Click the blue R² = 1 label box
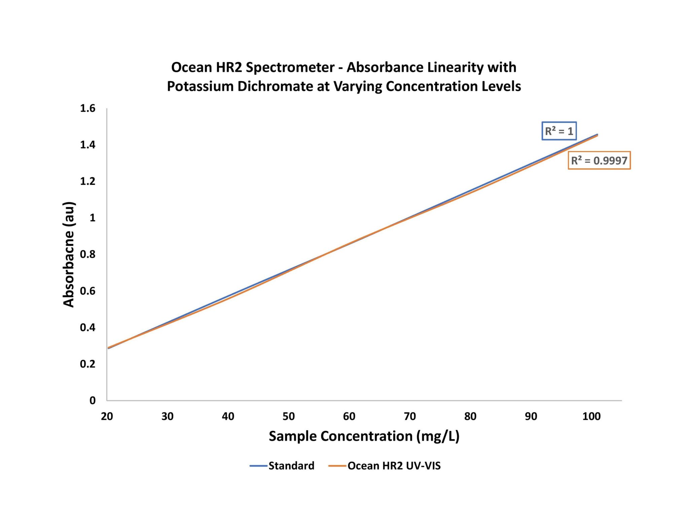[559, 131]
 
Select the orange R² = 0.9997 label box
[599, 160]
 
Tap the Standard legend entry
[291, 466]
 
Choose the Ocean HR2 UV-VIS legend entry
[394, 466]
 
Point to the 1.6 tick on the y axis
[87, 108]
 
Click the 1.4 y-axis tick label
[87, 145]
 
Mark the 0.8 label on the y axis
[87, 254]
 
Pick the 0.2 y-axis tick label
[87, 364]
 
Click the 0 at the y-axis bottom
[93, 400]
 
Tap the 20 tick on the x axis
[107, 416]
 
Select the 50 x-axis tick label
[289, 416]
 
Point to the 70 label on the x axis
[410, 416]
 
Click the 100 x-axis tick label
[591, 416]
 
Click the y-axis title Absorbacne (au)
[69, 254]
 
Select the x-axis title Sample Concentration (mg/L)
[364, 436]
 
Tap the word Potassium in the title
[200, 86]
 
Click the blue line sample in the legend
[258, 466]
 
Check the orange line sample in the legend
[337, 466]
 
